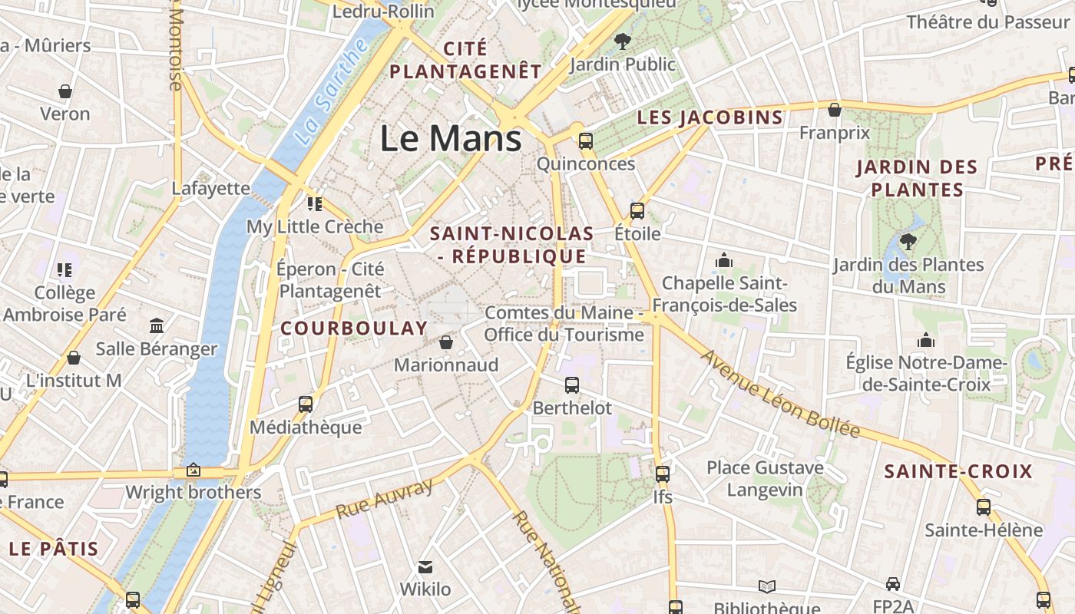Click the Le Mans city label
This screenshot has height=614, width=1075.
[x=451, y=139]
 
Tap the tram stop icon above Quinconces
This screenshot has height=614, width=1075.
[x=586, y=141]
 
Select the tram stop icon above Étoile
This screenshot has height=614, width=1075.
[x=637, y=211]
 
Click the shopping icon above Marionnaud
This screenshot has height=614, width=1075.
[x=446, y=342]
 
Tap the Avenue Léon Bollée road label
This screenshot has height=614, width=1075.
[x=780, y=394]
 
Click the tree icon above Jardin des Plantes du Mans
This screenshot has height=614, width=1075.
[x=908, y=242]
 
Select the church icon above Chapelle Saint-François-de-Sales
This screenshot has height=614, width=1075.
[x=723, y=261]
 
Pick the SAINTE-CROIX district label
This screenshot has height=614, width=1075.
[x=958, y=471]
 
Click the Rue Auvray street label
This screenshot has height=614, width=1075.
[x=385, y=498]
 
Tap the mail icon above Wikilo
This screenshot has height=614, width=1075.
[x=425, y=567]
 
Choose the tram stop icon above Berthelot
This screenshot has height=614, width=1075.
[x=572, y=385]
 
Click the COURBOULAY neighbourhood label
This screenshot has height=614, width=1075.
[x=354, y=328]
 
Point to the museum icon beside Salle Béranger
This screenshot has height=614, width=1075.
[x=157, y=326]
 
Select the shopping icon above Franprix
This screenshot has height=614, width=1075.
[x=835, y=111]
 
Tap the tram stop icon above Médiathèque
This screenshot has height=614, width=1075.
[x=306, y=404]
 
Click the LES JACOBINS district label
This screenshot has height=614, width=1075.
[x=710, y=117]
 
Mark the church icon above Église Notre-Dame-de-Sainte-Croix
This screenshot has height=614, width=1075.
[x=926, y=340]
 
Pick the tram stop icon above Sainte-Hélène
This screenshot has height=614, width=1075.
[x=984, y=507]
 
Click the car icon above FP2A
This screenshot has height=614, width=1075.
[x=892, y=584]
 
